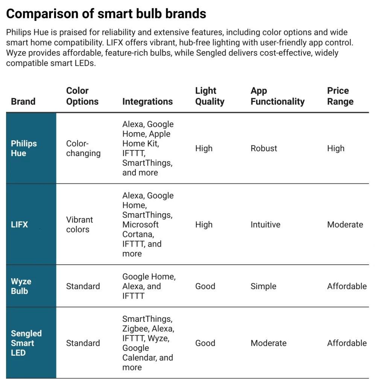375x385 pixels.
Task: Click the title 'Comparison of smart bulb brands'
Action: pos(106,14)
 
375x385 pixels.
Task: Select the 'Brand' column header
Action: pos(23,102)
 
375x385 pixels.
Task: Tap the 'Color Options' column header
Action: pos(82,96)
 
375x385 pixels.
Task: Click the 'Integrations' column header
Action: pos(147,102)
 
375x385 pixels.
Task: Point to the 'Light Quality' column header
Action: pos(210,96)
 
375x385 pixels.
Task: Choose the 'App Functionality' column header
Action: pos(277,96)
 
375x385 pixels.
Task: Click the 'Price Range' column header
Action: pos(340,96)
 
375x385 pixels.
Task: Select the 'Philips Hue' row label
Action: pos(24,148)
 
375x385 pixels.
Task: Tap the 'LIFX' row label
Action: pos(20,224)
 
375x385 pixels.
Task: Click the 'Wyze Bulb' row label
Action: pos(21,286)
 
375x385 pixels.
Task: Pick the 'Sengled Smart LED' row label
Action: pos(26,343)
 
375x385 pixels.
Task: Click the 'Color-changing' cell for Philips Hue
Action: pos(83,148)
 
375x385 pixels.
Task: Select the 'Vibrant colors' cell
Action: pos(79,224)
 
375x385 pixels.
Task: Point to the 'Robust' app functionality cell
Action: pos(264,148)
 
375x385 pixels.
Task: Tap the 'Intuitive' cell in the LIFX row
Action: pos(265,224)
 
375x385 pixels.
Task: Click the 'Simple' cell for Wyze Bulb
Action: pos(263,286)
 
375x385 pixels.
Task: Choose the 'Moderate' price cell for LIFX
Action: pos(345,224)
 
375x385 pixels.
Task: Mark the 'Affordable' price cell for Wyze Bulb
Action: pos(347,286)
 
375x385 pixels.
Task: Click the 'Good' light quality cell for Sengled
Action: pos(205,343)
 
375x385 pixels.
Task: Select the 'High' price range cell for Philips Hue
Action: pos(336,148)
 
